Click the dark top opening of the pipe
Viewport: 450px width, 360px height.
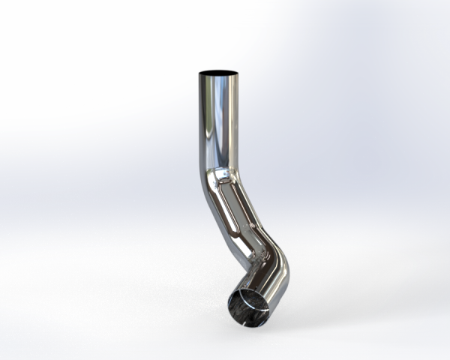219,73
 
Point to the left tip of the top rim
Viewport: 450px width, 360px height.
199,73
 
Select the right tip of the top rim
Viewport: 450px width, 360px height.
239,73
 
